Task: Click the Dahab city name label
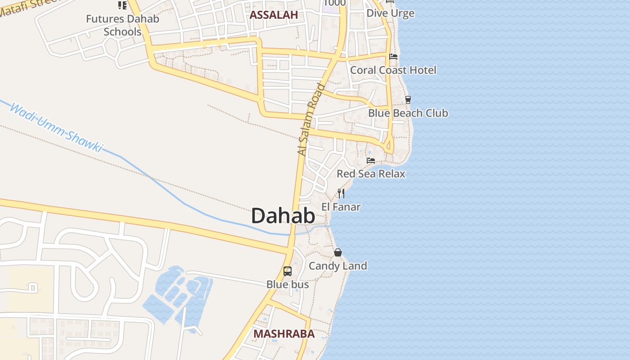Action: pos(283,216)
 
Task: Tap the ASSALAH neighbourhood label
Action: pos(274,15)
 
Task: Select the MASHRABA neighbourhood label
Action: pos(283,334)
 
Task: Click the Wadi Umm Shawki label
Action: pos(56,128)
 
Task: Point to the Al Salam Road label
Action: pos(311,120)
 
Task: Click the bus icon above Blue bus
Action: pos(288,271)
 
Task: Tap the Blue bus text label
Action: pos(288,284)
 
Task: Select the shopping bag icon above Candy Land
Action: pos(338,252)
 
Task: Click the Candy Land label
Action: pos(337,266)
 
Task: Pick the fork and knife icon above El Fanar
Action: pos(341,193)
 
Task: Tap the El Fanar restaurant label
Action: pos(341,207)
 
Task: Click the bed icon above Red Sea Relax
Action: pos(371,160)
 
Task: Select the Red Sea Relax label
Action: pos(371,174)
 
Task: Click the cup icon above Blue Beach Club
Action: pos(408,100)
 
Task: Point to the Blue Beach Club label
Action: pos(408,113)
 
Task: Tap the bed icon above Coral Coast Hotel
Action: pos(393,57)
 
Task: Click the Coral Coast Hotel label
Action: pos(393,70)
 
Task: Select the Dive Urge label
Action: pos(390,13)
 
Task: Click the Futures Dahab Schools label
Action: pos(122,25)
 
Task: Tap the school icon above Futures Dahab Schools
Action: pos(122,5)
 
